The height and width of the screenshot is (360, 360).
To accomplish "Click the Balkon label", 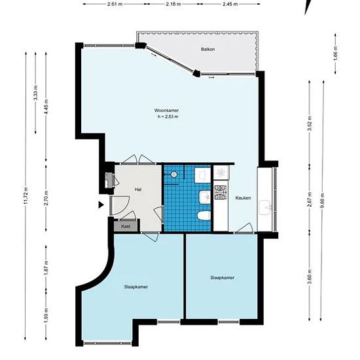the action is click(207, 49).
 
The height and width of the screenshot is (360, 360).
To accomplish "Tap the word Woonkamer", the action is click(166, 111).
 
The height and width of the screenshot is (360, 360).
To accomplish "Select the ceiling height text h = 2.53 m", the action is click(168, 117).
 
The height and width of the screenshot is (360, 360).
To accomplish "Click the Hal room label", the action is click(138, 190).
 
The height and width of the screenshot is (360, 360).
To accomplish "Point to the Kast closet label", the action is click(126, 226).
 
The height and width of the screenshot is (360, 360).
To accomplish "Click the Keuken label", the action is click(243, 198).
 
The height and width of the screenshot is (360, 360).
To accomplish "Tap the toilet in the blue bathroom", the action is click(204, 216).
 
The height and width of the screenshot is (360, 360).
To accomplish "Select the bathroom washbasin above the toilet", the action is click(205, 197).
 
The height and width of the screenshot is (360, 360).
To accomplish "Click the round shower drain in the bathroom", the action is click(174, 174).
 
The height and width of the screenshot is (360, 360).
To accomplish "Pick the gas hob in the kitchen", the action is click(221, 192).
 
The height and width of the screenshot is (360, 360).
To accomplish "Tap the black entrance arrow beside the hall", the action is click(101, 205).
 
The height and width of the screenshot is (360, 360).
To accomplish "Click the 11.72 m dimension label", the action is click(26, 196).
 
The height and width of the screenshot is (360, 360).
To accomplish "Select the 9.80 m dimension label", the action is click(323, 200).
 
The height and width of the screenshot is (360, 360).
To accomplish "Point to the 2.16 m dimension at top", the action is click(173, 4).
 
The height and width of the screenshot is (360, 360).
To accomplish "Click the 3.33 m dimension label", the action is click(35, 93).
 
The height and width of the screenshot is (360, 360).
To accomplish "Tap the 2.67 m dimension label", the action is click(309, 199).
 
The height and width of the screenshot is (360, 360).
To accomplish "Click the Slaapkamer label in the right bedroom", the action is click(223, 278).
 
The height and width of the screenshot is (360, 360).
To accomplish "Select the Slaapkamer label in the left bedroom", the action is click(136, 287).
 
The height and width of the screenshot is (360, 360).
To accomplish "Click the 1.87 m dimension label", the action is click(46, 267).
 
